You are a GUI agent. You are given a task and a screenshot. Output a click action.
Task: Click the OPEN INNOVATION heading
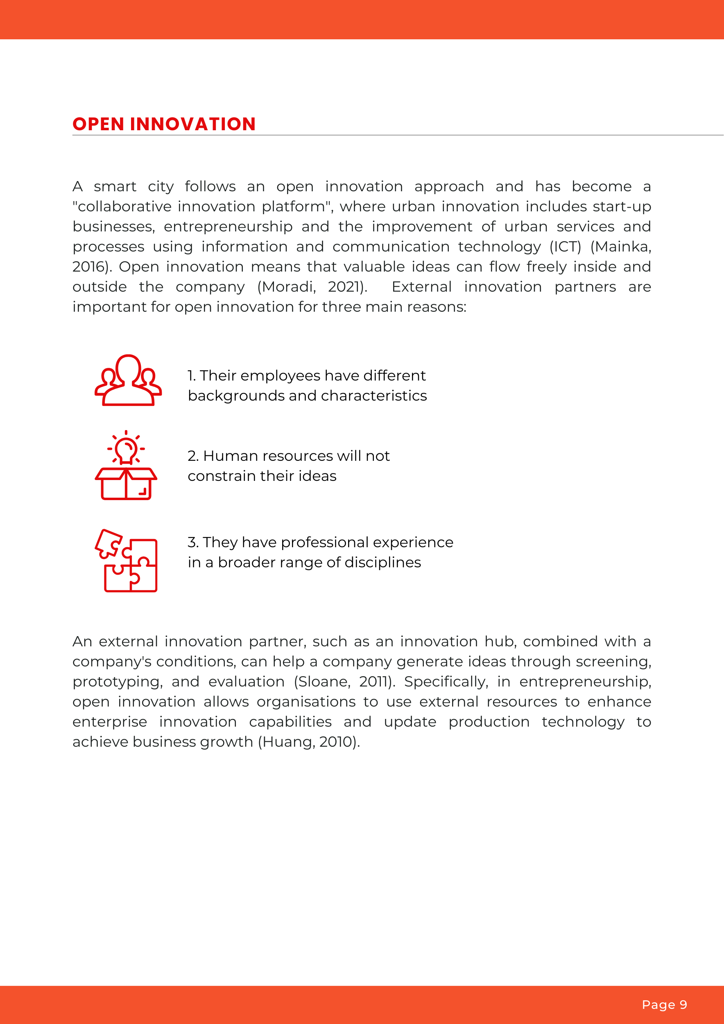point(164,124)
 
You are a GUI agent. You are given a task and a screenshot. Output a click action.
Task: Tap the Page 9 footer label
point(664,1004)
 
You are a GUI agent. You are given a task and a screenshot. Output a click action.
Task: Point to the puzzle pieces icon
point(126,561)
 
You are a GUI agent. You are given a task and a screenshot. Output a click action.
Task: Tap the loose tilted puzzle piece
point(109,543)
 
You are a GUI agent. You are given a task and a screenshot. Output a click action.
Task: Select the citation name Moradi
point(288,287)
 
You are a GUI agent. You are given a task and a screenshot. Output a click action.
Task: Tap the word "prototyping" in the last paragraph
point(117,682)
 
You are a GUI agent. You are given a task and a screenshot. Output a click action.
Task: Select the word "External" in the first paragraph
point(422,287)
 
